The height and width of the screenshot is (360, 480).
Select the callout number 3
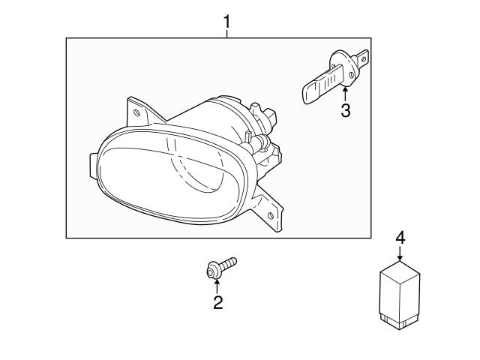coord(345,111)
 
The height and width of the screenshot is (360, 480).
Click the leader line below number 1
coord(226,34)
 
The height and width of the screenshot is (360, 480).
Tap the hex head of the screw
coord(212,268)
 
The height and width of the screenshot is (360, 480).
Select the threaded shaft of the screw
coord(228,262)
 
